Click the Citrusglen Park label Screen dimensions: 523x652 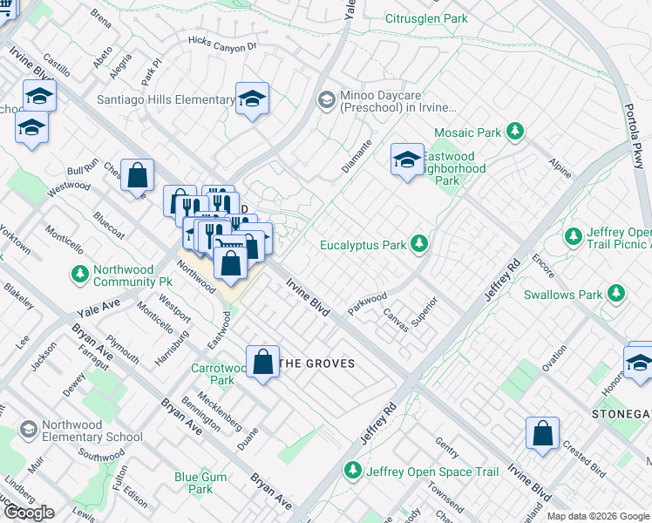pos(427,18)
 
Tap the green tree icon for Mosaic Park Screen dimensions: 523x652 pos(516,132)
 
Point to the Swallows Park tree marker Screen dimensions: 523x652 pos(616,294)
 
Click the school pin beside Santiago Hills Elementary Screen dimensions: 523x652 pos(252,99)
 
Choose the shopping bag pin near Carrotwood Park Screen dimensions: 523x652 pos(262,363)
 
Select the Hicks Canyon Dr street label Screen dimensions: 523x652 pos(223,44)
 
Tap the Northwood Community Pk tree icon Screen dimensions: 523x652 pos(80,275)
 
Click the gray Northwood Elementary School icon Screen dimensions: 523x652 pos(29,430)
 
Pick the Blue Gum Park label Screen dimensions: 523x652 pos(200,483)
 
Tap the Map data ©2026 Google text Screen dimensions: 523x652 pos(598,516)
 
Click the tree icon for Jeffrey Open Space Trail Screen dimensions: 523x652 pos(353,471)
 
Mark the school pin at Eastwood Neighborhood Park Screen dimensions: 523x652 pos(407,160)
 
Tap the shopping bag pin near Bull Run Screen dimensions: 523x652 pos(137,175)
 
